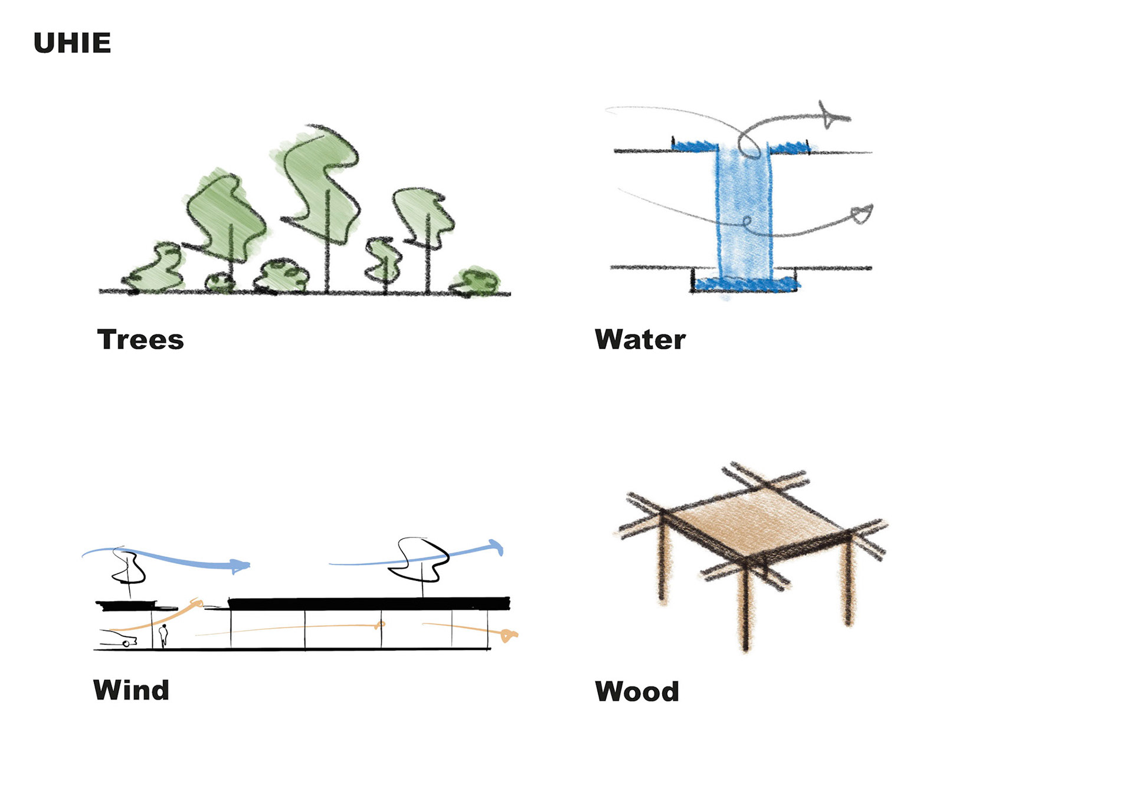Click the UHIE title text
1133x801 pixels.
coord(72,43)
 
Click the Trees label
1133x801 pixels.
coord(140,340)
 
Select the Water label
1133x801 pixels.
coord(640,340)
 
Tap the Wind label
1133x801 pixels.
coord(131,690)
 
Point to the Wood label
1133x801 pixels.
coord(637,691)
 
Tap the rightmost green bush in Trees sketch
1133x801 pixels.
coord(477,281)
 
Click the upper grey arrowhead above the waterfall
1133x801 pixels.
coord(832,116)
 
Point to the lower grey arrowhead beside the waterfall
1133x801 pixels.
coord(862,214)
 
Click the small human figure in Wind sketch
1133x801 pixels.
coord(163,635)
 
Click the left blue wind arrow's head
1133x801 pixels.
coord(240,566)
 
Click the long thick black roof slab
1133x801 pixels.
coord(369,603)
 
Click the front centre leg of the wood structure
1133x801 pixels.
coord(746,608)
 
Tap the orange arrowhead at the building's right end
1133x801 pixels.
coord(507,635)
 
